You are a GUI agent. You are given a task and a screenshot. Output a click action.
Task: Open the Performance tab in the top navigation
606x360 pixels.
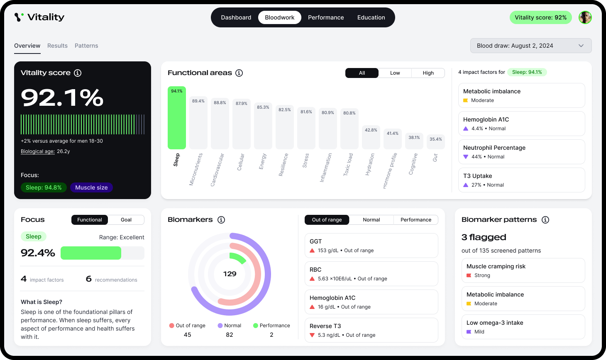[x=326, y=17]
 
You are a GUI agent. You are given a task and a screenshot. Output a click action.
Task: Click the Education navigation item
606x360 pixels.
[x=371, y=17]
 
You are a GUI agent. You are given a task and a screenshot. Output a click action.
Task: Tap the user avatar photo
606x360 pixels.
[x=585, y=17]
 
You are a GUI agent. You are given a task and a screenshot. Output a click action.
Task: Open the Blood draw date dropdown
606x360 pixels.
[x=530, y=46]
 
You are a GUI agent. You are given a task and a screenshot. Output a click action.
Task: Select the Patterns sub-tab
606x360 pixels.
[x=86, y=46]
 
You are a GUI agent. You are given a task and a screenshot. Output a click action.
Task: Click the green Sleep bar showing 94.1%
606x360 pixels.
[x=177, y=118]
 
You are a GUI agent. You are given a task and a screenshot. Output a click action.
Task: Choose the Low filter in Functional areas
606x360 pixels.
[x=395, y=73]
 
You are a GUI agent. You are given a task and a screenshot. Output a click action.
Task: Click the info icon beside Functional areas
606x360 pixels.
[x=239, y=73]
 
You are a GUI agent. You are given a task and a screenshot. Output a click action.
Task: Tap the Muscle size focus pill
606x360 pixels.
[x=91, y=187]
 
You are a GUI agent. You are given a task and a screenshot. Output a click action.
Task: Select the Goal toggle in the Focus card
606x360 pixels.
[x=126, y=220]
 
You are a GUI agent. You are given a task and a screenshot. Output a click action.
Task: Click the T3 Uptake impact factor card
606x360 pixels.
[x=521, y=180]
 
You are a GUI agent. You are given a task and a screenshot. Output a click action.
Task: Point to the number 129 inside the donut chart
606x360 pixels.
[x=230, y=274]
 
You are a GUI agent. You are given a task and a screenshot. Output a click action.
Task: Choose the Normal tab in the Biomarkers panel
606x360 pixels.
[x=371, y=220]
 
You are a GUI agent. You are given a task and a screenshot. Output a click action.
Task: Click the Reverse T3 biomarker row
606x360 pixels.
[x=371, y=330]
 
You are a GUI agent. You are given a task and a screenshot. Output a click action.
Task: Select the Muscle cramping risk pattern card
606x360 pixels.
[x=523, y=270]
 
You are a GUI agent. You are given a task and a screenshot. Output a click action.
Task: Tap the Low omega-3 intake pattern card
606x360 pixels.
[x=523, y=327]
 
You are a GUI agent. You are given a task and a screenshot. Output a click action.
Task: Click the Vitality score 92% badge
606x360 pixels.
[x=540, y=17]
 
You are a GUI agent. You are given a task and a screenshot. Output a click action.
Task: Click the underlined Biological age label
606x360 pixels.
[x=38, y=151]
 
